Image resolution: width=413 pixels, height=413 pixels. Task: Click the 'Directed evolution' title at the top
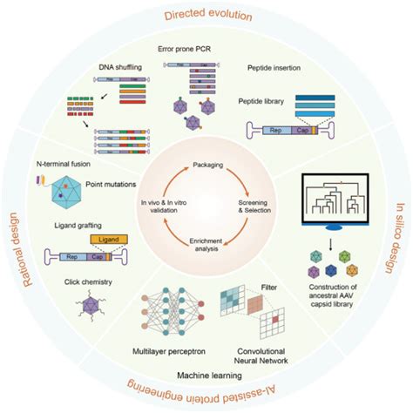206,15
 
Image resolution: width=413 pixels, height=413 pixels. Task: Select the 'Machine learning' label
206,374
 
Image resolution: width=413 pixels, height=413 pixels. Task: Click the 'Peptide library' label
265,100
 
